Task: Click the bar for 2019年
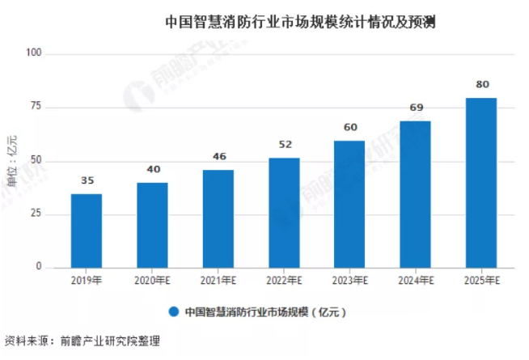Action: [x=86, y=231]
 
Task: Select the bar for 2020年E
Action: [x=152, y=225]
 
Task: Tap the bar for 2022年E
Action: [x=284, y=212]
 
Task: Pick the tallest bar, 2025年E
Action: [x=481, y=182]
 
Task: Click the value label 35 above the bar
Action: [x=86, y=181]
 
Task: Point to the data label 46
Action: [x=218, y=157]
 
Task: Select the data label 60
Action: [x=350, y=128]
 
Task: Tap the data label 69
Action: [x=416, y=108]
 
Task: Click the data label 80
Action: [x=481, y=85]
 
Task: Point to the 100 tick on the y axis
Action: [x=34, y=53]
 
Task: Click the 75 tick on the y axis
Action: [x=36, y=107]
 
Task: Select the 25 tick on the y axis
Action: [x=36, y=214]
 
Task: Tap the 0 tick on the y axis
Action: [x=40, y=267]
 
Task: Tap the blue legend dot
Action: [x=173, y=311]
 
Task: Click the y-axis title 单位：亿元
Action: [x=11, y=160]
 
